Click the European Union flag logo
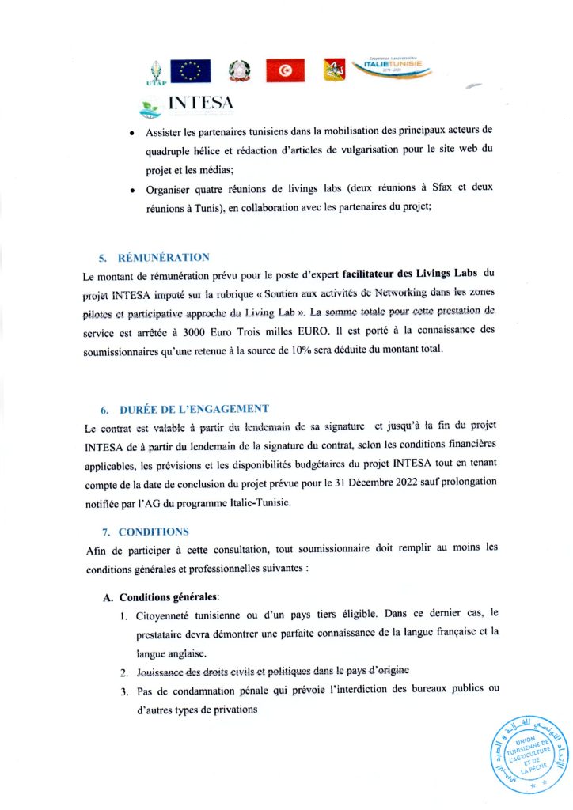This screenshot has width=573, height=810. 190,71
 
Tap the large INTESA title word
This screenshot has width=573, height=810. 201,104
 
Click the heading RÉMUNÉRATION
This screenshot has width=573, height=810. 164,258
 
